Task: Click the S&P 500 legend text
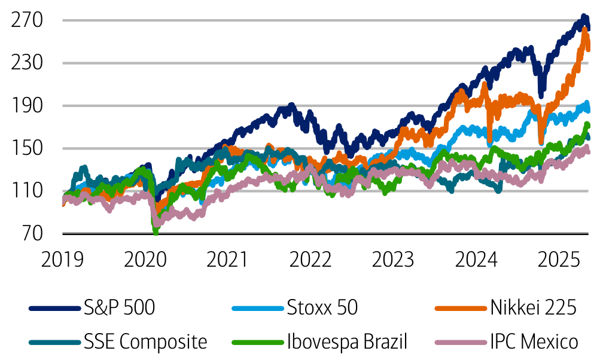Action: pos(120,309)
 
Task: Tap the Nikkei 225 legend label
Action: pos(534,309)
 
